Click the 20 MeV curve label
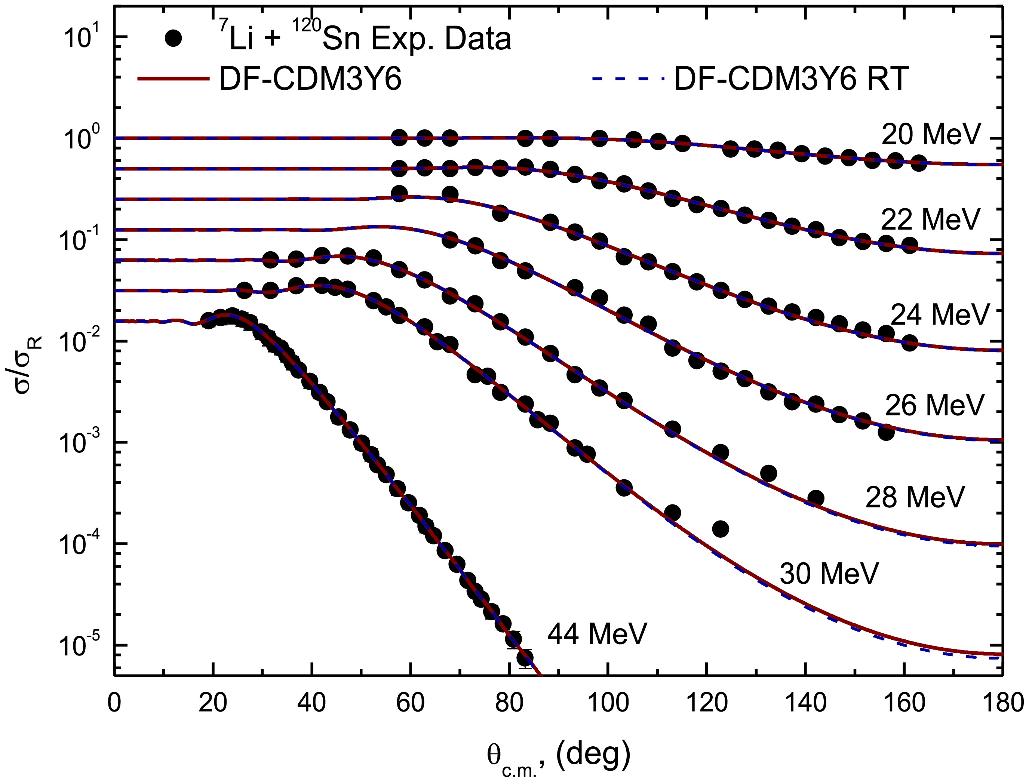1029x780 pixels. click(931, 134)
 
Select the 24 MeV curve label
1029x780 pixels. click(940, 315)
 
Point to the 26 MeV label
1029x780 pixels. click(934, 405)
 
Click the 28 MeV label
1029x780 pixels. click(915, 497)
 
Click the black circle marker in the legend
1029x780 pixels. click(174, 39)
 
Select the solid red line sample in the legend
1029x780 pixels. click(173, 79)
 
